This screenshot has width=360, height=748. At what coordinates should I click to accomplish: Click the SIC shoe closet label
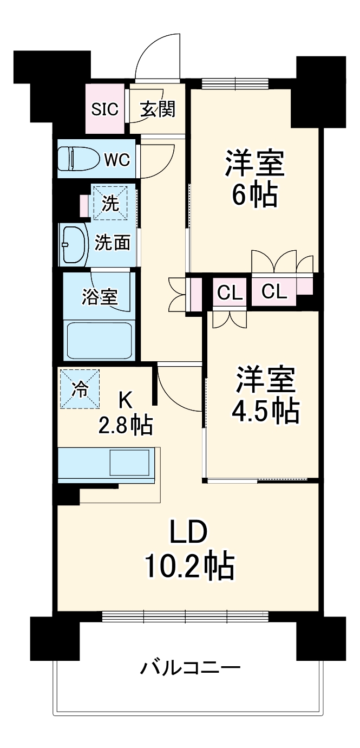[x=104, y=109]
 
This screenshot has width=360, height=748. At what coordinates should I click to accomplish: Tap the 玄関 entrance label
[x=158, y=109]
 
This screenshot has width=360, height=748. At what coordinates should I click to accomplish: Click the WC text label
[x=117, y=160]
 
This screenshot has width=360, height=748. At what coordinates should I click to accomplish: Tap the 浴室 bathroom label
[x=100, y=296]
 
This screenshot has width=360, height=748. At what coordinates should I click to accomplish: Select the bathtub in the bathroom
[x=99, y=340]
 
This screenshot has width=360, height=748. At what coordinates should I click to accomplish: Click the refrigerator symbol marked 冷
[x=80, y=389]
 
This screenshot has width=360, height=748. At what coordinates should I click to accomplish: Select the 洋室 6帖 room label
[x=254, y=179]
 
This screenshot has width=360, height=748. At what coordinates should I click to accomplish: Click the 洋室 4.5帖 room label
[x=265, y=395]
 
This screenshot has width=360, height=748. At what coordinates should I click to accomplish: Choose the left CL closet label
[x=230, y=293]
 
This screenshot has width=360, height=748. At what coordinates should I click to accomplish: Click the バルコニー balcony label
[x=190, y=667]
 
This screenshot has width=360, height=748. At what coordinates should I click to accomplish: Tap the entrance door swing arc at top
[x=158, y=54]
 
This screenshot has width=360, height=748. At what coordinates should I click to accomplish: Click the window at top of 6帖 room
[x=235, y=83]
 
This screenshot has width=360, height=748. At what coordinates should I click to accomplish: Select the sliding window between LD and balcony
[x=185, y=615]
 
